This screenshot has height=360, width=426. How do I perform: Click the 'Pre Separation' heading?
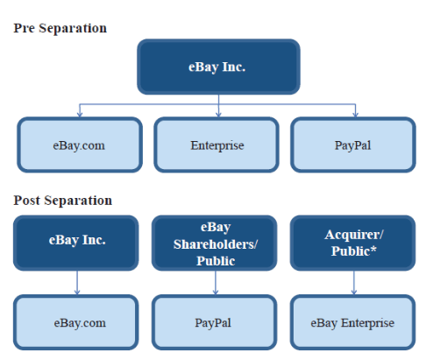click(60, 28)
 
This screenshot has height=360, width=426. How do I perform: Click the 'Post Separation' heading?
click(63, 201)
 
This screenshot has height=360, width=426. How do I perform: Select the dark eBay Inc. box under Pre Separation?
click(218, 67)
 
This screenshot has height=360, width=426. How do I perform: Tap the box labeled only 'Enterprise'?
click(217, 145)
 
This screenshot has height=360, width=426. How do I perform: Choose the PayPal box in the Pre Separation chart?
click(353, 145)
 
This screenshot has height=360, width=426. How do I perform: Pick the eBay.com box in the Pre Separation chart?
click(80, 145)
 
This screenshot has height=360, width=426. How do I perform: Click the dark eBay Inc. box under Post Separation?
click(76, 243)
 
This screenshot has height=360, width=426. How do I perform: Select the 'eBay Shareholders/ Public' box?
click(215, 243)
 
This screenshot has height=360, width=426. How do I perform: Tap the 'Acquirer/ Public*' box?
click(352, 243)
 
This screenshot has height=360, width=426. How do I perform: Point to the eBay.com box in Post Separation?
click(76, 322)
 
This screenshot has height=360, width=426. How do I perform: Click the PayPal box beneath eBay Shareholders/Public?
click(215, 322)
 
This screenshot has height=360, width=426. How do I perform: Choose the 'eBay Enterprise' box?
click(352, 322)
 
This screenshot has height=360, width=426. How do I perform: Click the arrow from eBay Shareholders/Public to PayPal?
click(216, 283)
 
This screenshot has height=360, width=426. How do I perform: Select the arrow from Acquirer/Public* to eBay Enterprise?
click(354, 283)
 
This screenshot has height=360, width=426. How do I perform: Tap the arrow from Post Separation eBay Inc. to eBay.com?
click(77, 283)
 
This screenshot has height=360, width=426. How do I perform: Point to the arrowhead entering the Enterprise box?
click(218, 115)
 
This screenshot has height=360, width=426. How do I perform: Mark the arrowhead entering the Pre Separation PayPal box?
click(355, 115)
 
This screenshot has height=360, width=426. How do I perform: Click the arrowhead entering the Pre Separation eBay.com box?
click(80, 115)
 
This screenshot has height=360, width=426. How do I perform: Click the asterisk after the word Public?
click(373, 249)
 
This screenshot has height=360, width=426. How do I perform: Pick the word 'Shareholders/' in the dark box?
click(216, 244)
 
